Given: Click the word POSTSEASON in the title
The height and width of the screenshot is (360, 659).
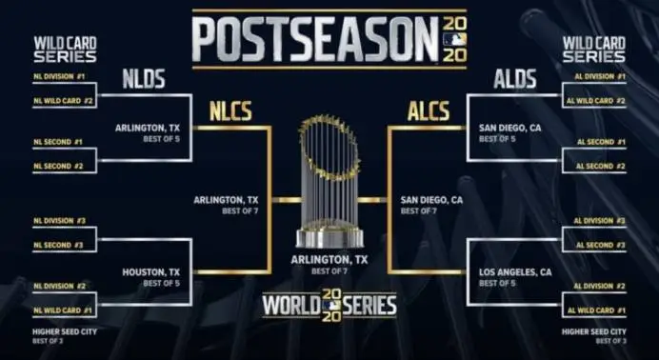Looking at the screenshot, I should (x=315, y=40).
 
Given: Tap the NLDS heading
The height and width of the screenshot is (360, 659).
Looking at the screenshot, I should (x=144, y=79).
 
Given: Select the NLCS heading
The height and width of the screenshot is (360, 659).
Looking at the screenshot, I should (x=231, y=111).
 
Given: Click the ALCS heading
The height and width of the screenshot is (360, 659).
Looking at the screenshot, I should (x=428, y=111).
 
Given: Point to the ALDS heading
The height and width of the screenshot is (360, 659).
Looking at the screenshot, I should (x=514, y=79).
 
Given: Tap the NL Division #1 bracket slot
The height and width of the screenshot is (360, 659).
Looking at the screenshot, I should (x=60, y=76).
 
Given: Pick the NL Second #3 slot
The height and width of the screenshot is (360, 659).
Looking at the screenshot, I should (x=60, y=245).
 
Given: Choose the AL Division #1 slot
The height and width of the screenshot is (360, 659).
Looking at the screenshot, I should (x=599, y=76).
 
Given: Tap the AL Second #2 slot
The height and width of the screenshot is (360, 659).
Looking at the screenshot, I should (x=600, y=166).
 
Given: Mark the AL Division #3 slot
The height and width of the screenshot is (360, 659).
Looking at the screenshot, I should (x=599, y=221).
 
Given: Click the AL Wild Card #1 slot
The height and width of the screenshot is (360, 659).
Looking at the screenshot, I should (x=598, y=310).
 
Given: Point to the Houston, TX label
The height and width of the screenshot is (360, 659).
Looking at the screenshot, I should (x=151, y=271).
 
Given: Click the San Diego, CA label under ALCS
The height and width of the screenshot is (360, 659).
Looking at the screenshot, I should (x=431, y=200).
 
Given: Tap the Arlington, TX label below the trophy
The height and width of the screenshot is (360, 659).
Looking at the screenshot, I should (x=329, y=260).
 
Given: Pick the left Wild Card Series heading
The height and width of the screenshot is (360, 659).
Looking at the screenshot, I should (x=65, y=50).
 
